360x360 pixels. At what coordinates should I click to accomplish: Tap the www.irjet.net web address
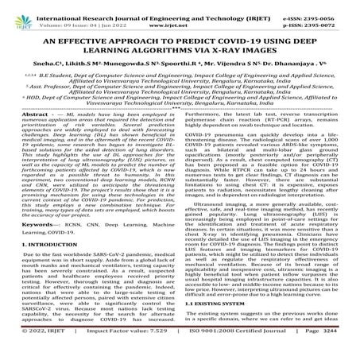pyautogui.click(x=180, y=17)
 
